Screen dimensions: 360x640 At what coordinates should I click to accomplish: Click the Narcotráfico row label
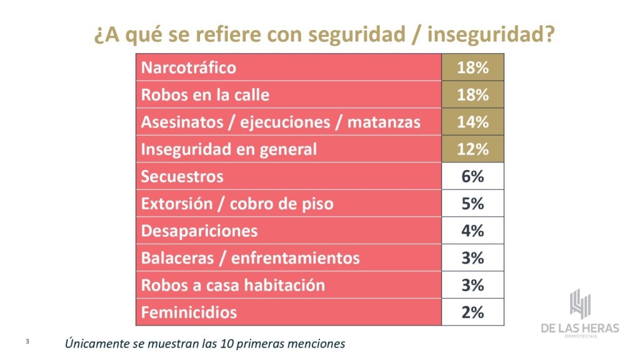(x=189, y=67)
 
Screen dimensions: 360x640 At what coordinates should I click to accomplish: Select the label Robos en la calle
(x=205, y=95)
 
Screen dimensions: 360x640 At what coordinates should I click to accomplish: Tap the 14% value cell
(x=472, y=122)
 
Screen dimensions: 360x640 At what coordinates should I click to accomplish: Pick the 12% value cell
(x=472, y=149)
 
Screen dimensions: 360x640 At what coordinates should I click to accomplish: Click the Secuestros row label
(x=182, y=176)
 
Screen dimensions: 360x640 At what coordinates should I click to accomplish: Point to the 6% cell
(x=472, y=176)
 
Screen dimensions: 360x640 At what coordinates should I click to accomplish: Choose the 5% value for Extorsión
(x=472, y=204)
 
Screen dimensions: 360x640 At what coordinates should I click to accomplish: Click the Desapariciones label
(x=199, y=231)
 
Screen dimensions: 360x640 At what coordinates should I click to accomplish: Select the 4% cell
(x=472, y=231)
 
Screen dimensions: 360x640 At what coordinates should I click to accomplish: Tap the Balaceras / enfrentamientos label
(x=250, y=258)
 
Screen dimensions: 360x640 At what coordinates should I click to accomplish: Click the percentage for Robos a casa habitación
(x=472, y=285)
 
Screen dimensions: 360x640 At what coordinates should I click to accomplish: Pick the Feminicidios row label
(x=189, y=312)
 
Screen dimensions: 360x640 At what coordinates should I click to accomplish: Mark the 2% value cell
(x=472, y=312)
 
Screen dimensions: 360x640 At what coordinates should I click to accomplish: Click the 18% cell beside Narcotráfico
(x=472, y=67)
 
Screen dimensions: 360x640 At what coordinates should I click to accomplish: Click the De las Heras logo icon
(x=581, y=304)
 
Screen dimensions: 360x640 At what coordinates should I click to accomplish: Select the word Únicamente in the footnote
(x=93, y=343)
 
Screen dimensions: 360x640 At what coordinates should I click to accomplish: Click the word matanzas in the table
(x=384, y=122)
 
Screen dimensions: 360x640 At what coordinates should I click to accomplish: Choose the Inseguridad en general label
(x=229, y=149)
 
